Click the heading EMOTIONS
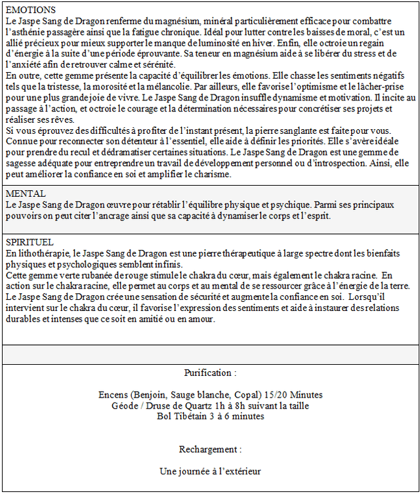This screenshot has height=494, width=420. click(x=30, y=10)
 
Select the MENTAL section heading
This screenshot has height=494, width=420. click(x=26, y=194)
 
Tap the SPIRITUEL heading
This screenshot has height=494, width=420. click(x=30, y=242)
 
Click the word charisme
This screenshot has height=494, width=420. click(x=211, y=174)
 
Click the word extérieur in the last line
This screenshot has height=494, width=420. click(x=239, y=471)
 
